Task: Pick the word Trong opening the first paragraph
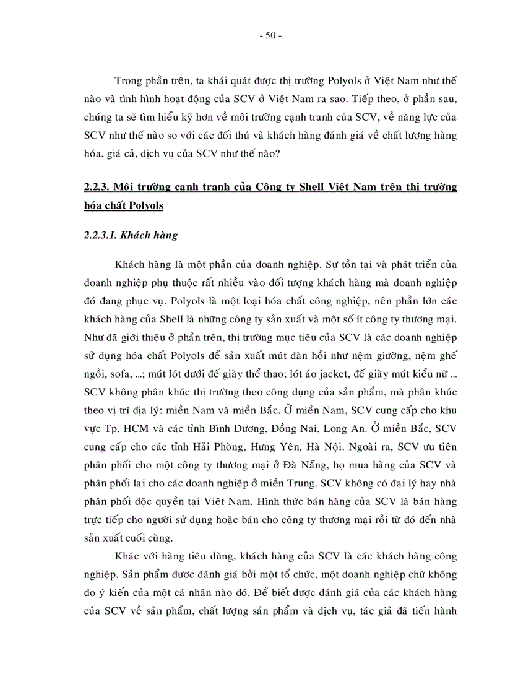129,81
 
